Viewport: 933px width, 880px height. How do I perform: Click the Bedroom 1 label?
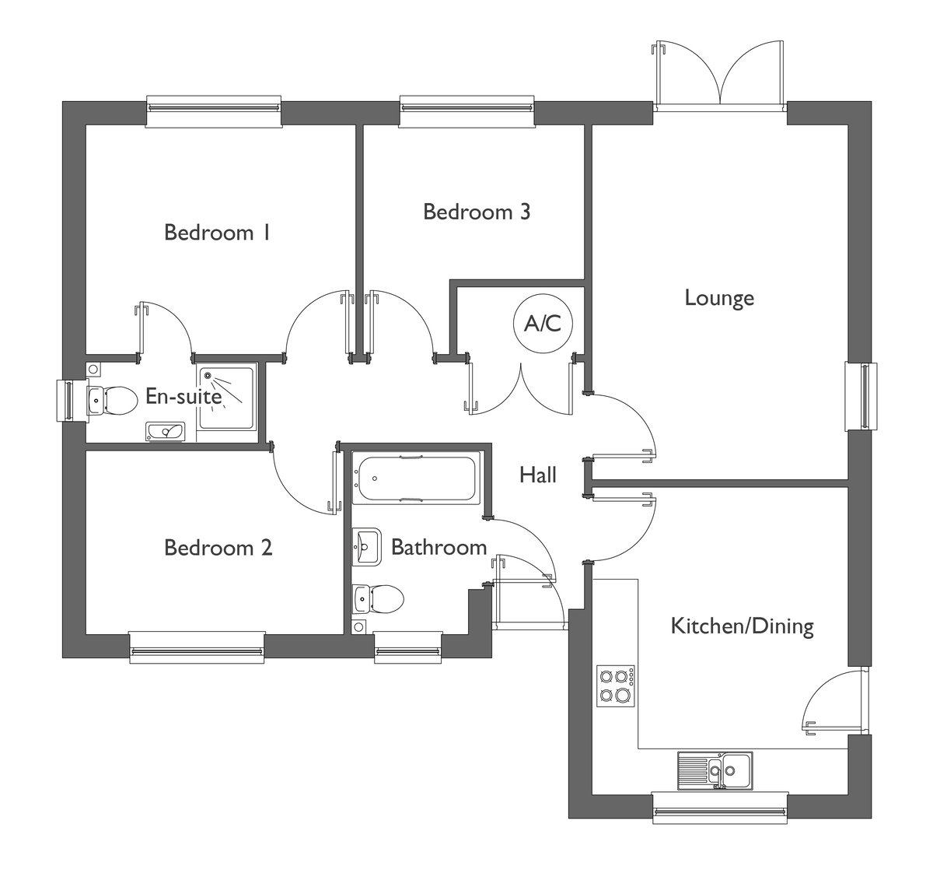point(217,233)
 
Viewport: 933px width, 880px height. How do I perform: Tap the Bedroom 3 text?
point(477,212)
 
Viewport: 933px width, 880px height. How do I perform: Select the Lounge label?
point(719,298)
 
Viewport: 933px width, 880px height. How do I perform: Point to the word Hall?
point(538,475)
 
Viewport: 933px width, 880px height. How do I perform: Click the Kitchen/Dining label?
point(743,626)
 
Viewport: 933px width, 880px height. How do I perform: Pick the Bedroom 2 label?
point(218,548)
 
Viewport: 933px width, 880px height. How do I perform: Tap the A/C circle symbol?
point(543,324)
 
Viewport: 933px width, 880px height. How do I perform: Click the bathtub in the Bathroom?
point(416,478)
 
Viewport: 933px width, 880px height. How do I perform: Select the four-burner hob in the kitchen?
point(616,685)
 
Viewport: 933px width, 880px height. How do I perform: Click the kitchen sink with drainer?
point(715,771)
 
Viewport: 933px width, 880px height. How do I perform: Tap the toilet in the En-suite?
point(112,401)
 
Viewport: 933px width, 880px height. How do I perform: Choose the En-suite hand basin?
point(166,432)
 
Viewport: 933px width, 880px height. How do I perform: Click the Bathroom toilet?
point(378,599)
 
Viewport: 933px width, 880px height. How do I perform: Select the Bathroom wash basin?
point(366,547)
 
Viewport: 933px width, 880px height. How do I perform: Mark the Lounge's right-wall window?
point(861,396)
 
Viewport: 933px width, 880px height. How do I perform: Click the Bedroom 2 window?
point(197,647)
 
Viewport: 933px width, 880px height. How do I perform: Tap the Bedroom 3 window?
point(467,111)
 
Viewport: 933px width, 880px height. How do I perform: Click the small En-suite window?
point(72,401)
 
